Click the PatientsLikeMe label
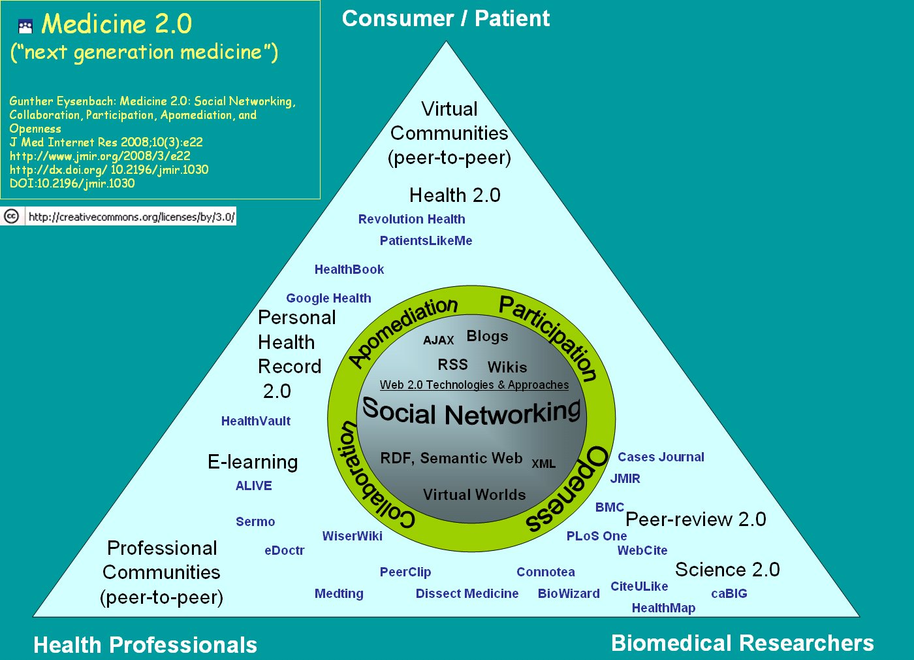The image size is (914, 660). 426,240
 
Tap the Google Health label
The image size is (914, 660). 328,298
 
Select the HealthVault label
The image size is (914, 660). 256,421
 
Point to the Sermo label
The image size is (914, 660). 255,521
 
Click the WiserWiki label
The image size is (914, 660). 353,536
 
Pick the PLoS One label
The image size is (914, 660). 597,536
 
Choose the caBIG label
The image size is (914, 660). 729,593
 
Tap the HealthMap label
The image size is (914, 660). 663,608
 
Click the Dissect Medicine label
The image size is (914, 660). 467,593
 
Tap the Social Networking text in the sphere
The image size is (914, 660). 471,412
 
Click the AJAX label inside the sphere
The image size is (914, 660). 438,340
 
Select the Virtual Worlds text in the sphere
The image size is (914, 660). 474,495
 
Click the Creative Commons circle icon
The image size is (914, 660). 12,216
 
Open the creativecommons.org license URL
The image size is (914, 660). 131,217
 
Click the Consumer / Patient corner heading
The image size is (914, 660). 446,18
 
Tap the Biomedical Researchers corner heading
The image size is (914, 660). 742,643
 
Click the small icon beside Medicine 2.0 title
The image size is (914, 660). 25,26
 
